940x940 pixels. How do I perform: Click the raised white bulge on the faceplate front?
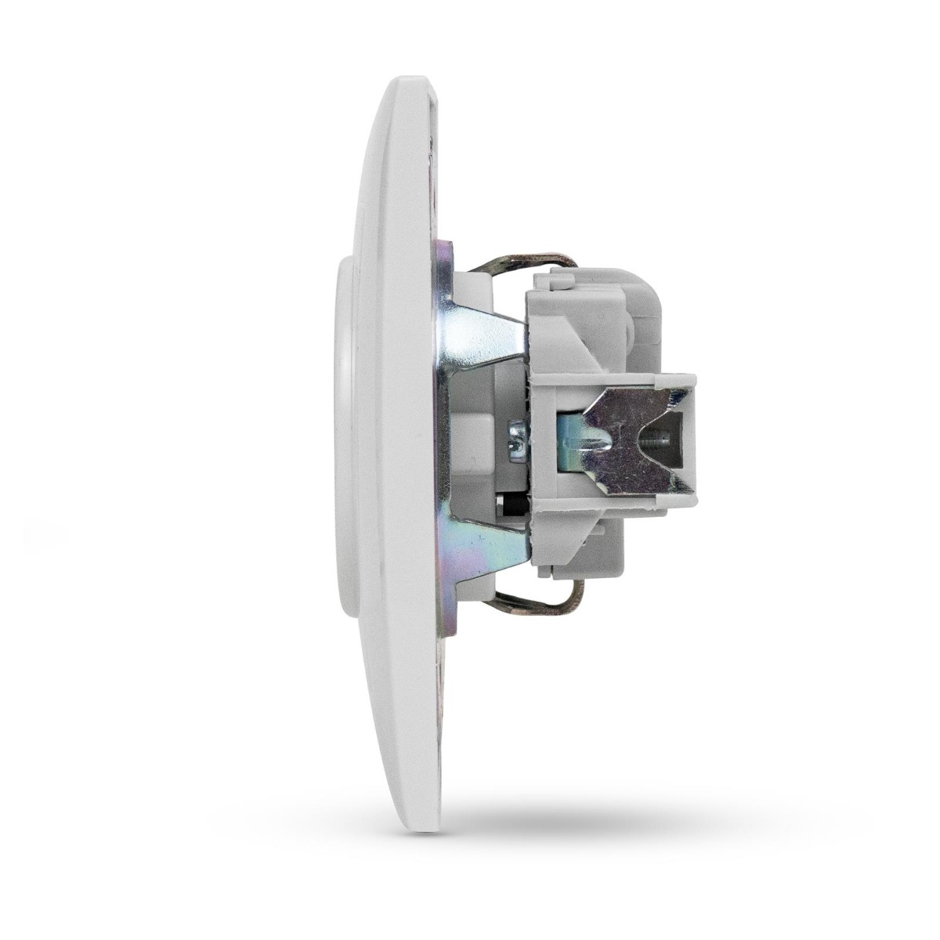pos(345,439)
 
